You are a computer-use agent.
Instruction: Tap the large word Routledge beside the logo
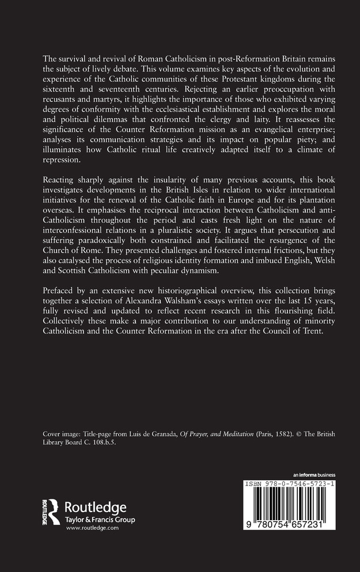tap(94, 507)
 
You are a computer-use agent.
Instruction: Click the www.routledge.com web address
tap(88, 528)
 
